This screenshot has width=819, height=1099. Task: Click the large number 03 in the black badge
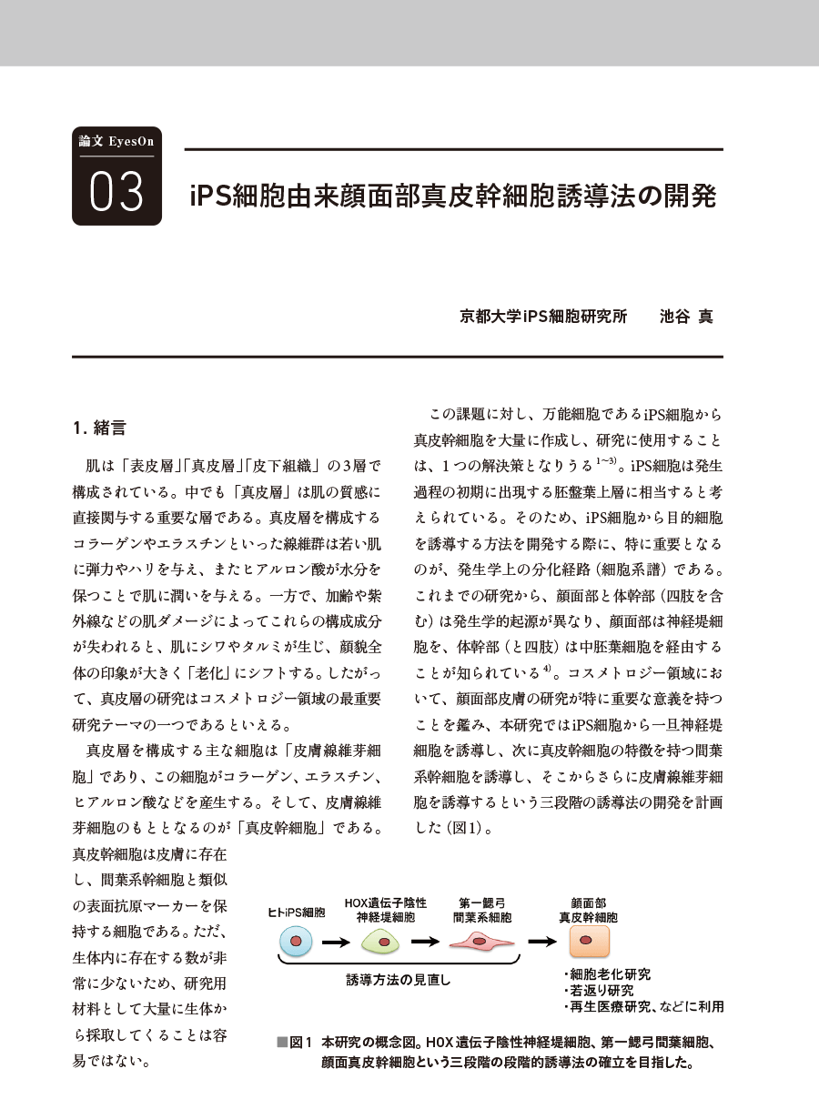point(116,191)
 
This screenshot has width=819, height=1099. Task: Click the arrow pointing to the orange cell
point(543,942)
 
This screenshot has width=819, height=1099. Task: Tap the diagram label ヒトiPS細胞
point(296,911)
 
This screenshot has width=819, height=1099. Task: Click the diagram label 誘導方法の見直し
point(399,981)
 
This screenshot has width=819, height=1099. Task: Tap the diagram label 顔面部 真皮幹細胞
point(588,910)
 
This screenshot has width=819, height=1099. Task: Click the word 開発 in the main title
point(692,197)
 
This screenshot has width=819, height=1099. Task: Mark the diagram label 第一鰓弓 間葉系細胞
point(483,910)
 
